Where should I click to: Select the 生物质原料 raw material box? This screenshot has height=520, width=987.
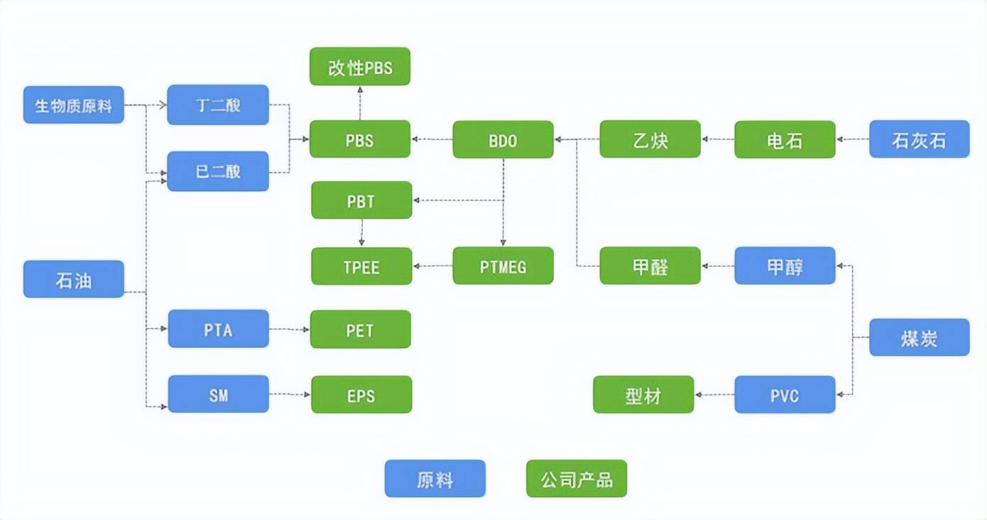74,105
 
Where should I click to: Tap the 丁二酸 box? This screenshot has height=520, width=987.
218,105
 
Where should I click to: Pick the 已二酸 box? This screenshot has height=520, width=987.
218,171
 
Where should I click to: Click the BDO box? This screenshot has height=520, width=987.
503,139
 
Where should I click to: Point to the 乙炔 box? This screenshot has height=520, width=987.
650,139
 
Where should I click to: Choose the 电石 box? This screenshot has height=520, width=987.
785,139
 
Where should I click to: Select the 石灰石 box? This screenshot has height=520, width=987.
919,139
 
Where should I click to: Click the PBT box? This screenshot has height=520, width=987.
361,200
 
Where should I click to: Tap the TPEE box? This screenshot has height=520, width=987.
361,266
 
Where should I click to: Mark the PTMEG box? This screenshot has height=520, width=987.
503,266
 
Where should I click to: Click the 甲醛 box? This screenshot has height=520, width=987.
650,266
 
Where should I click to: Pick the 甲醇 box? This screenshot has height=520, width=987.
785,266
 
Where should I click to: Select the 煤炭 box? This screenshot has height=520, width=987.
919,337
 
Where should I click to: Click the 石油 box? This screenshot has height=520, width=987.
74,279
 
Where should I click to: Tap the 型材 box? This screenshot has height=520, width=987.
643,394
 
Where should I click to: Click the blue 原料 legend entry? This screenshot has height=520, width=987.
435,479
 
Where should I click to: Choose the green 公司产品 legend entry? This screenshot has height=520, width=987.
577,479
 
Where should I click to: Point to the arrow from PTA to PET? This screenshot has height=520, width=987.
290,330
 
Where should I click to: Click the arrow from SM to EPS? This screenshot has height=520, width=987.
290,394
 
